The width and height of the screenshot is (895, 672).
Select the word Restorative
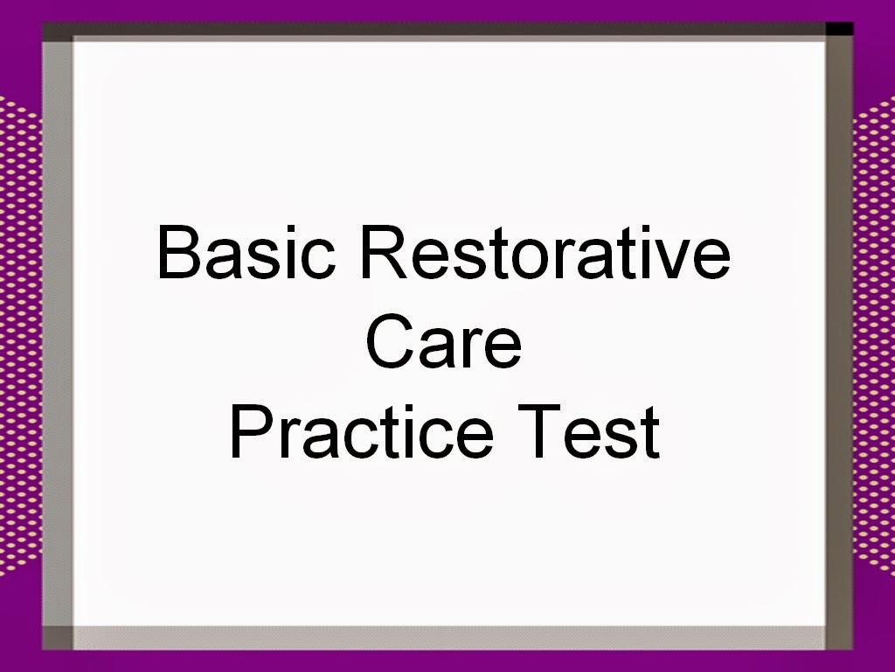coord(545,250)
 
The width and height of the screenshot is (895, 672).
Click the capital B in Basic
coord(177,250)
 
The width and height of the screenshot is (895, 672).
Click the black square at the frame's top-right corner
coord(839,29)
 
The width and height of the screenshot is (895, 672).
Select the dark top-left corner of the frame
coord(57,31)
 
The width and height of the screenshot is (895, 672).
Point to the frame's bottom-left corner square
coord(57,638)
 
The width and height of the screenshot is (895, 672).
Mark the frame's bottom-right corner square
coord(838,638)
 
